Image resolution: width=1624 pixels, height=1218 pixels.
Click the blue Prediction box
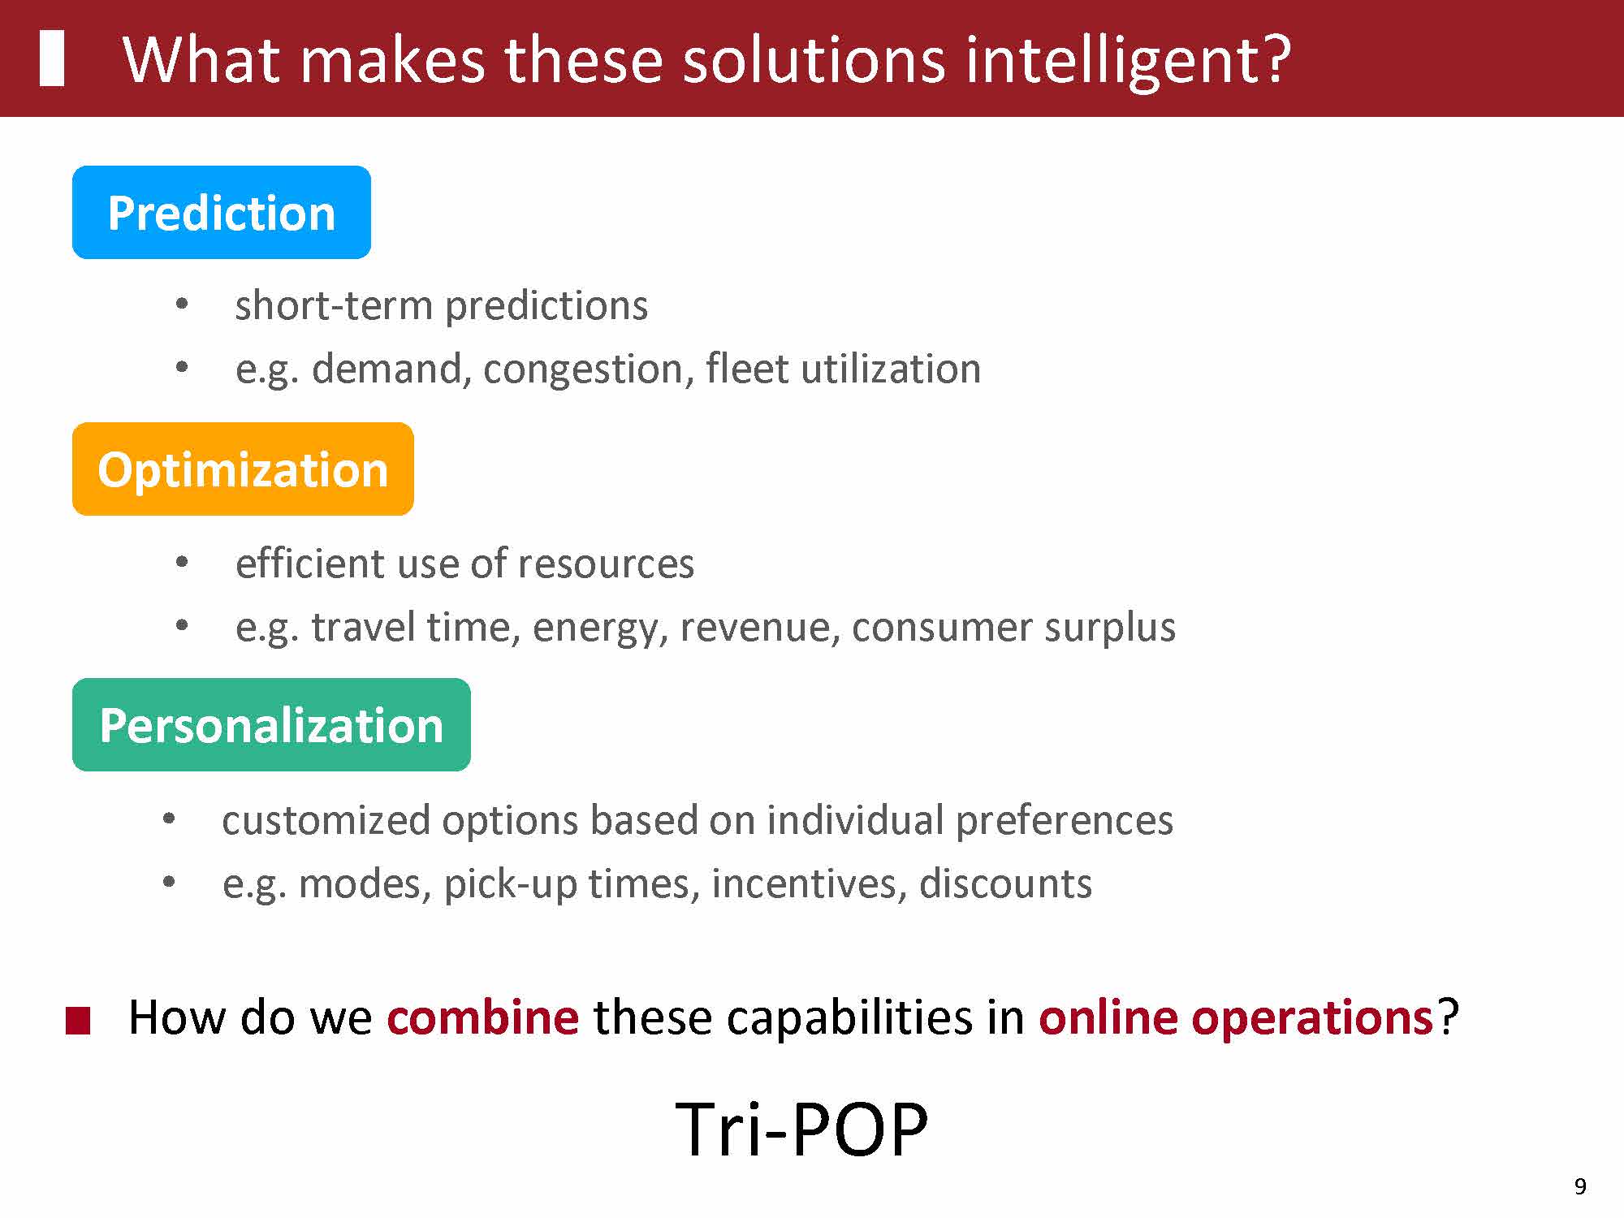coord(222,213)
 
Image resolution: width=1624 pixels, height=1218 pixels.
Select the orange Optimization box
coord(243,469)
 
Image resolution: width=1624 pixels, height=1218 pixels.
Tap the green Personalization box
coord(271,724)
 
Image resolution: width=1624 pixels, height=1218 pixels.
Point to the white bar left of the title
coord(52,58)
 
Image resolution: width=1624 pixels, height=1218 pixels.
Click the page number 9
coord(1580,1187)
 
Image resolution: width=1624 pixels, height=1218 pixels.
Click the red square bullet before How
coord(77,1021)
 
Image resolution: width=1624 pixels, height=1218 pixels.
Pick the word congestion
coord(589,370)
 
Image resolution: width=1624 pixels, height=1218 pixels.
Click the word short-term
coord(335,306)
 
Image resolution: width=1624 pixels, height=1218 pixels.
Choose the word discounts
coord(1005,883)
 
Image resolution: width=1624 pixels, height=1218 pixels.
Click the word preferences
coord(1064,821)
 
